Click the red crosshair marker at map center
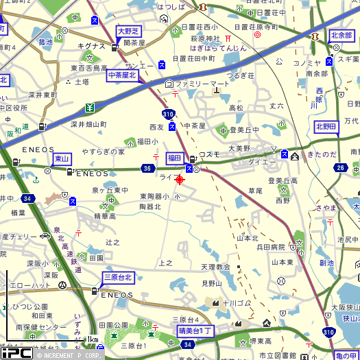(180, 180)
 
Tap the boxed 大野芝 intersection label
(128, 32)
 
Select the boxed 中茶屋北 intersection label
(123, 75)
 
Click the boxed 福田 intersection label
(175, 158)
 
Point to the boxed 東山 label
(62, 158)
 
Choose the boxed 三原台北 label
(118, 278)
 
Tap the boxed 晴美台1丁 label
(195, 331)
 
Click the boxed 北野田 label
(326, 127)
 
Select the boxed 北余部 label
(341, 35)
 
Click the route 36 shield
(147, 168)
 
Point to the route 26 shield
(341, 167)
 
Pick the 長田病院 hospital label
(270, 246)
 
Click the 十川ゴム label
(237, 302)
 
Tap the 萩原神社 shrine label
(206, 38)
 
